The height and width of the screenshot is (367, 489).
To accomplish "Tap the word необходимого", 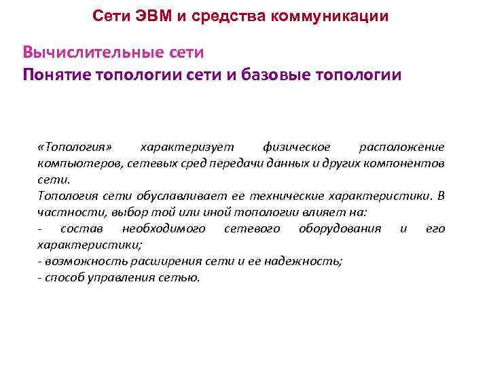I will point(164,228).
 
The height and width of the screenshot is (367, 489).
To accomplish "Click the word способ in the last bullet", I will point(62,277).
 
